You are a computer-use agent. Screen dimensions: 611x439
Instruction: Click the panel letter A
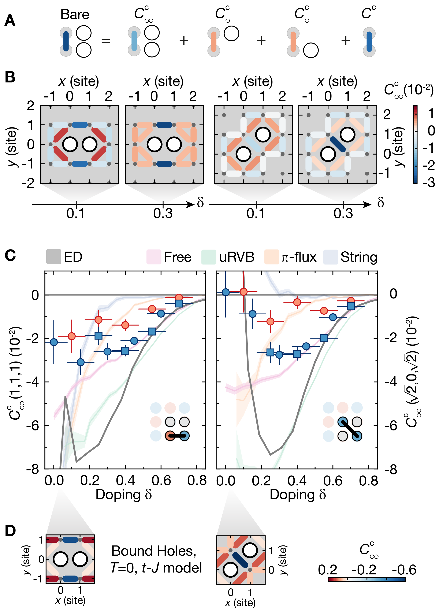point(10,21)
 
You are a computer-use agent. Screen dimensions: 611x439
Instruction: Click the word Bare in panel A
point(75,14)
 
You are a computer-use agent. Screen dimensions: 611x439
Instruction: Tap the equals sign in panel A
point(106,41)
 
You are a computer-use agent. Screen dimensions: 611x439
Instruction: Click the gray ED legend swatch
point(54,256)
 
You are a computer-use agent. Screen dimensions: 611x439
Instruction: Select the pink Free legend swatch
point(153,257)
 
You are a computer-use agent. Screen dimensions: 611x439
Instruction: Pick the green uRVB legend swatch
point(209,257)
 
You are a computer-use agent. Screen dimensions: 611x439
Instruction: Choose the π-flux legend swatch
point(271,257)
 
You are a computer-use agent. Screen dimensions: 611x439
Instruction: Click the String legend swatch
point(330,257)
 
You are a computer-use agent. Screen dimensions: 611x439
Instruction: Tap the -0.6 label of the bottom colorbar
point(404,570)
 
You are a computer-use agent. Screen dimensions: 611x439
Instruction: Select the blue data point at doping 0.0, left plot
point(54,342)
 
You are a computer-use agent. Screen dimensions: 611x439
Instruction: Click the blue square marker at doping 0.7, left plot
point(179,303)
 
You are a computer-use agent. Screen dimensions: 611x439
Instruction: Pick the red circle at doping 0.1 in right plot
point(243,292)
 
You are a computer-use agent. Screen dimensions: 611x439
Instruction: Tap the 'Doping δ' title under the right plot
point(298,494)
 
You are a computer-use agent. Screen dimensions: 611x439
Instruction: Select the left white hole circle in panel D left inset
point(61,559)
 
